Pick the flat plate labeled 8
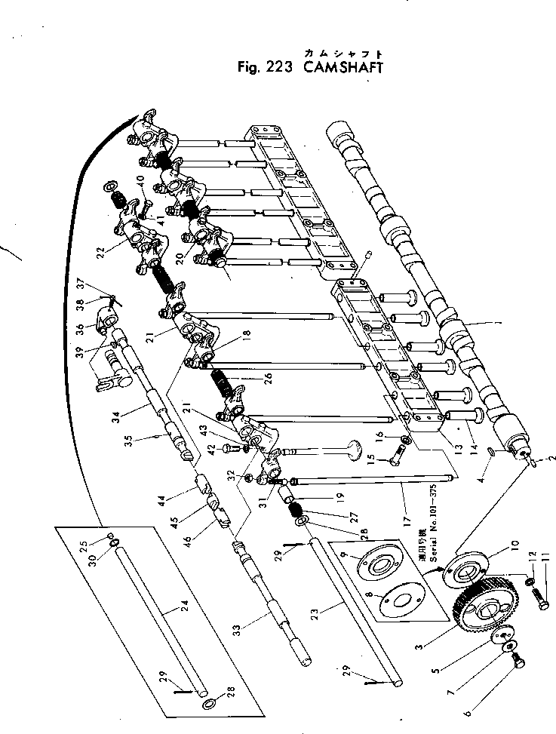coord(400,606)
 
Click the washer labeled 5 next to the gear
coord(500,639)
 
